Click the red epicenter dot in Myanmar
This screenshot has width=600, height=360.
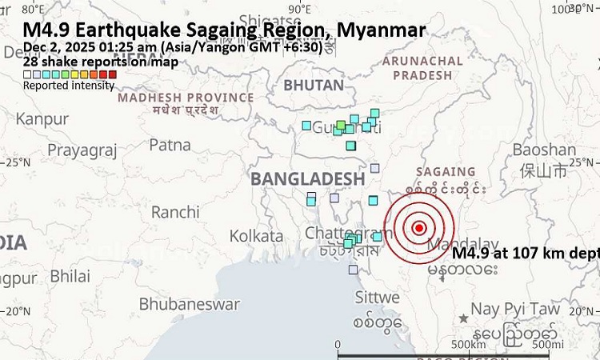418,228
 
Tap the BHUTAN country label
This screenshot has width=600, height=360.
314,85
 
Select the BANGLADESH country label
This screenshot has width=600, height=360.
307,178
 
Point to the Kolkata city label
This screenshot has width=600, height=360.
256,236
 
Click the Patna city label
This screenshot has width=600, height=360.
170,145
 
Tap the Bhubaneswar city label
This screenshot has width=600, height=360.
189,304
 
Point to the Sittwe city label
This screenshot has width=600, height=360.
378,297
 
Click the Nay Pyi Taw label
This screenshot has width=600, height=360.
503,309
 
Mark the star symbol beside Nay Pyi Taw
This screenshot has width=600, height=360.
463,318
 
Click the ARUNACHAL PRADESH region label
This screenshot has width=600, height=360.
422,69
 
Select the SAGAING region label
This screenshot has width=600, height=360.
446,172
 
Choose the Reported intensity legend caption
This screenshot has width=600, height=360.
68,86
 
